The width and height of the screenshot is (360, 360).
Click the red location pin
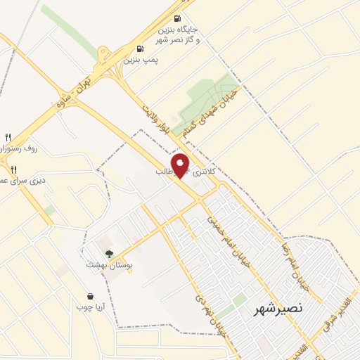(181, 165)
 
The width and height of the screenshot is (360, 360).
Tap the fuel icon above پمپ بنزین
(141, 50)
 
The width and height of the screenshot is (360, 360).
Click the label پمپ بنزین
(141, 60)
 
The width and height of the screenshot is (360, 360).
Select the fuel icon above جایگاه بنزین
(177, 18)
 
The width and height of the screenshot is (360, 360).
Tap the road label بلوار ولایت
(155, 108)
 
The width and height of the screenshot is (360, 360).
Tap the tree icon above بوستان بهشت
(108, 254)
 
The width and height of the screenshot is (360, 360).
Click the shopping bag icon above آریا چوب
(90, 296)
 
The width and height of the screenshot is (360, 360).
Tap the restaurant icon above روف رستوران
(8, 137)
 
